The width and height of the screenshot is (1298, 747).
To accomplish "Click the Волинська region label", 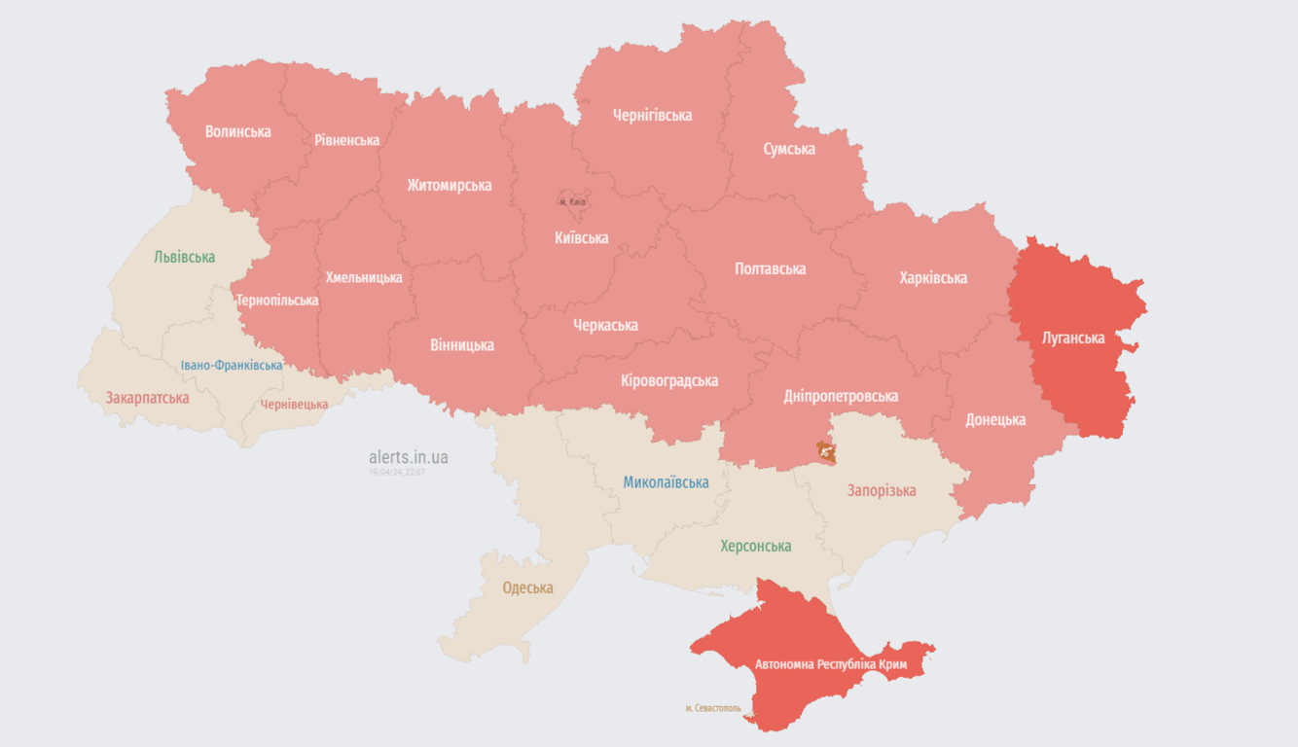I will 237,131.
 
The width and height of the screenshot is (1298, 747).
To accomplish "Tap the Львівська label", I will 184,257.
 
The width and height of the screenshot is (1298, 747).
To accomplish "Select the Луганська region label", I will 1073,338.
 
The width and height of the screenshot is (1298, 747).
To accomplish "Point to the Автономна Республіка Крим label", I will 831,664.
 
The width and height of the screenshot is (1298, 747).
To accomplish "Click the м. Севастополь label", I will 713,708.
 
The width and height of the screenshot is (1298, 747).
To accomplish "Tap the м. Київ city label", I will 573,201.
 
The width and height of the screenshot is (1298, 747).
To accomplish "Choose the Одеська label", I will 527,587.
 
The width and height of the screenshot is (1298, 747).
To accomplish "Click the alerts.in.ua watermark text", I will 409,456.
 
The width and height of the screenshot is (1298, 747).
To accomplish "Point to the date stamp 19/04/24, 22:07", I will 397,472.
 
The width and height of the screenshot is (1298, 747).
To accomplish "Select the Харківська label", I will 933,278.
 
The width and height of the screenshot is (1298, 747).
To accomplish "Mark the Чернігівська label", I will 652,115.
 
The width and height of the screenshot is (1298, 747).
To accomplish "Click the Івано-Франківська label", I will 232,366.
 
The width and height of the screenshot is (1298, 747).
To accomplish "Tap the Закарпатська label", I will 147,398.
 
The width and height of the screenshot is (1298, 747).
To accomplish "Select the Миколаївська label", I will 666,482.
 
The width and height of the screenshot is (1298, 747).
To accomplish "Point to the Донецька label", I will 995,420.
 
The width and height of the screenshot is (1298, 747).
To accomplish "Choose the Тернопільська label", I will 277,301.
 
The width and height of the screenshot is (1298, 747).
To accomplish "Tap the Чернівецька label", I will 294,405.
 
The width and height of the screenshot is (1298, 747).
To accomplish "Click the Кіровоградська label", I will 669,380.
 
